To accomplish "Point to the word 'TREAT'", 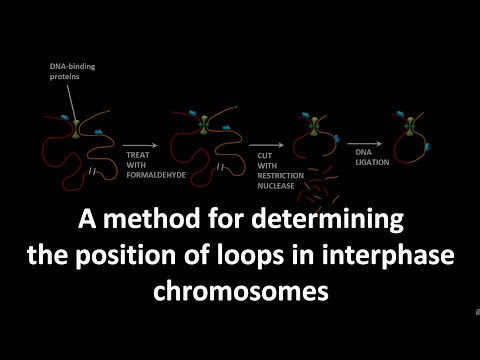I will (136, 155).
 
